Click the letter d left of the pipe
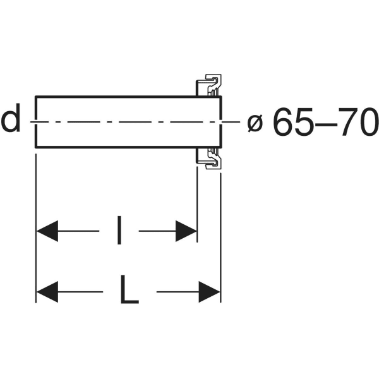tap(10, 118)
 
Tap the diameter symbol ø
tap(255, 123)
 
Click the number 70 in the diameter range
tap(358, 121)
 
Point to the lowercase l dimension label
tap(119, 230)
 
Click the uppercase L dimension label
tap(129, 289)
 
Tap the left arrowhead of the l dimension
tap(47, 231)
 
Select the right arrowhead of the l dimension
tap(186, 231)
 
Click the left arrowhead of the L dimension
tap(47, 292)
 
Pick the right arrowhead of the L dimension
tap(209, 292)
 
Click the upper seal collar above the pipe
tap(208, 85)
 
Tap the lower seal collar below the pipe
tap(208, 159)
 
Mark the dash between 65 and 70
tap(326, 124)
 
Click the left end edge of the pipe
tap(36, 122)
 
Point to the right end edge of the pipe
tap(220, 122)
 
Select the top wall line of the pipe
tap(128, 97)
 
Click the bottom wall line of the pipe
tap(128, 147)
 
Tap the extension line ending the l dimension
tap(197, 205)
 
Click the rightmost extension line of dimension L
tap(220, 238)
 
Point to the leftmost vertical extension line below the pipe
tap(36, 229)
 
